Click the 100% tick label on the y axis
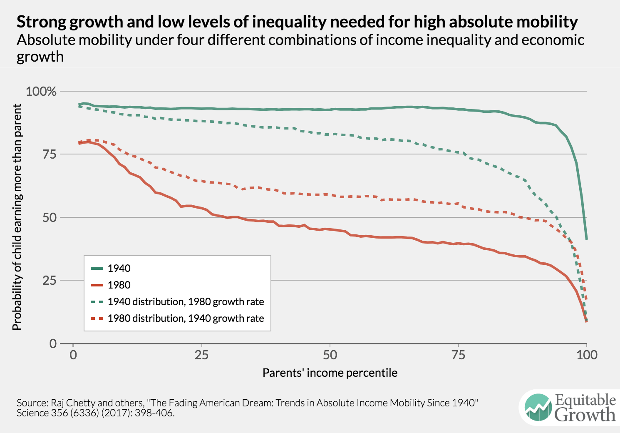(x=41, y=92)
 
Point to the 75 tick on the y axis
(x=50, y=154)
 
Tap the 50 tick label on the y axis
(x=50, y=217)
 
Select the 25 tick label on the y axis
(x=50, y=281)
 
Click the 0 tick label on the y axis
(x=53, y=344)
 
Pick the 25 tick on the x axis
(x=201, y=355)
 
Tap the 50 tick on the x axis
(x=330, y=355)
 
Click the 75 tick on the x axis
(x=458, y=355)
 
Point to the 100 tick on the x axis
(x=587, y=355)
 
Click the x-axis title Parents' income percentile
(x=330, y=373)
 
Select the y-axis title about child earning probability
(x=17, y=217)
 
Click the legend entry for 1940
(x=119, y=269)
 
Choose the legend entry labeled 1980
(x=119, y=285)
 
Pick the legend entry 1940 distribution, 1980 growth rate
(x=186, y=302)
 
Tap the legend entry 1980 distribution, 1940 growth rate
(x=186, y=319)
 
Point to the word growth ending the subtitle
(x=40, y=57)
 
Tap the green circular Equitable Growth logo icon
(x=538, y=408)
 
